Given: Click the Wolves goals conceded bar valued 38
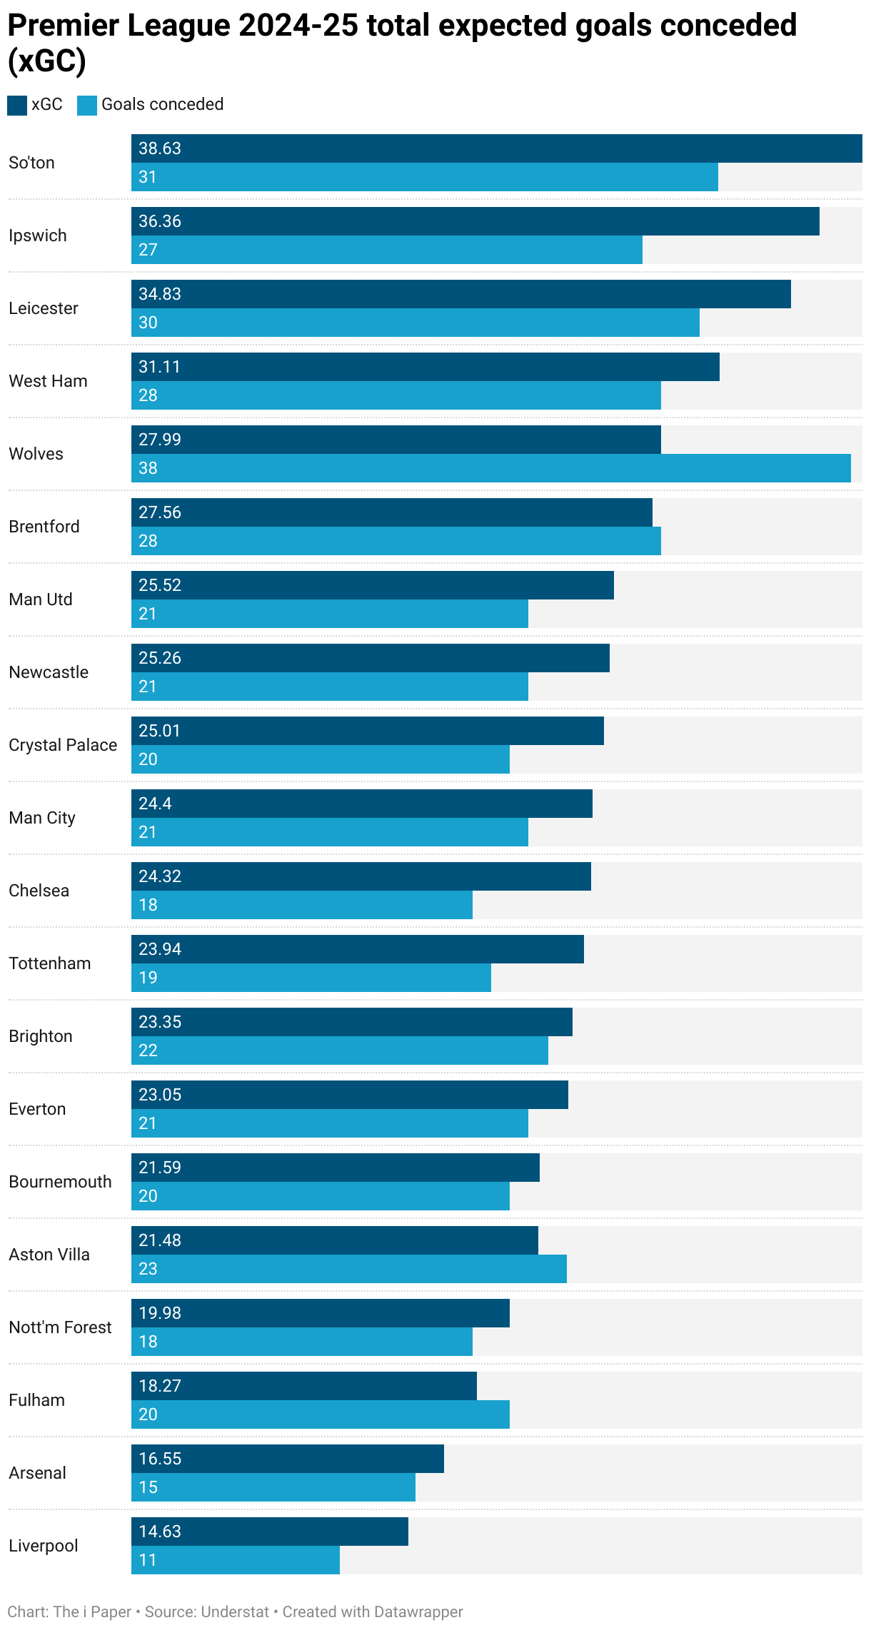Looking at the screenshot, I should (x=491, y=468).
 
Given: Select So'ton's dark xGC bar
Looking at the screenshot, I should (x=497, y=148).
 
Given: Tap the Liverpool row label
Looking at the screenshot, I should (x=44, y=1546).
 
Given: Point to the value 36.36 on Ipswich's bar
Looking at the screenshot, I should (x=160, y=221).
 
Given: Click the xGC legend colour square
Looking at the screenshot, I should (x=17, y=105).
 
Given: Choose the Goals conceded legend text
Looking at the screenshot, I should (x=162, y=104).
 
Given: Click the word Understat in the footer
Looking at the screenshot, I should (x=235, y=1612).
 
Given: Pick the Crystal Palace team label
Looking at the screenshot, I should (x=63, y=745).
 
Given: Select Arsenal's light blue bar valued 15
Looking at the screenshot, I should (x=273, y=1487).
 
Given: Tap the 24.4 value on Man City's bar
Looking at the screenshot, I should (x=155, y=804).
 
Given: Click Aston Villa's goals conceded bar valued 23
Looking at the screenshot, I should (x=349, y=1269).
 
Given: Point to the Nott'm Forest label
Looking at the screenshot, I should (x=60, y=1327).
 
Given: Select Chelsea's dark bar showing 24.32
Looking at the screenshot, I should (x=361, y=876).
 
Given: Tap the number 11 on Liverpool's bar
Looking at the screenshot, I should (x=148, y=1560).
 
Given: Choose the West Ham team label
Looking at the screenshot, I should (x=48, y=381).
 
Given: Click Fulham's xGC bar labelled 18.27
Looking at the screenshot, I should (x=304, y=1386).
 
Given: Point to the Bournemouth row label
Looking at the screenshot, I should (x=60, y=1182).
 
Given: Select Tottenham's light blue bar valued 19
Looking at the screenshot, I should (x=311, y=978).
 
